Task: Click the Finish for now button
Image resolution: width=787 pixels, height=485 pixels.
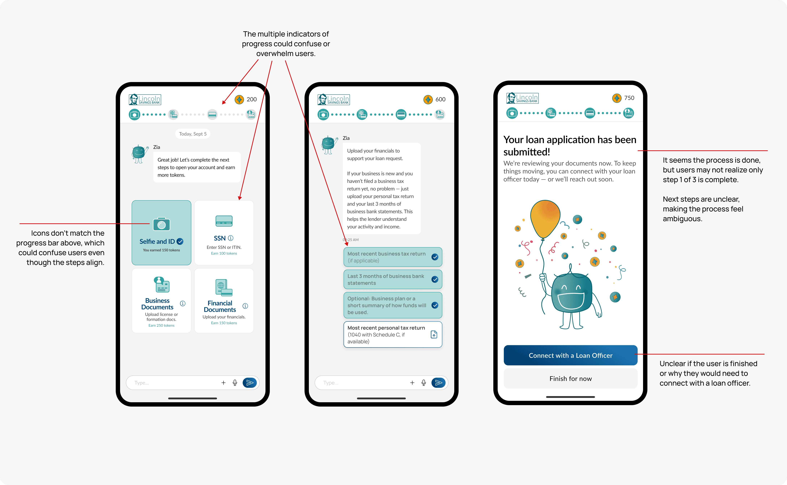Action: [570, 379]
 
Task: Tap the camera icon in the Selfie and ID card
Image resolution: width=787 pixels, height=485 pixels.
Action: [161, 224]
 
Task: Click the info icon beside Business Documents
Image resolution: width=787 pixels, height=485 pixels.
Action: [183, 303]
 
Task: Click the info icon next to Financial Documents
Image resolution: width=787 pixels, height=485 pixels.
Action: [245, 306]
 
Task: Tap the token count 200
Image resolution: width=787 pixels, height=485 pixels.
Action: [252, 99]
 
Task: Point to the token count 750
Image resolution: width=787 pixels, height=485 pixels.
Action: [629, 98]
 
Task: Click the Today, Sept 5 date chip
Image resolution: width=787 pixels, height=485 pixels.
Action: [193, 134]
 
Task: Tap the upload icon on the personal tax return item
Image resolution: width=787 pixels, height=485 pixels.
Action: [434, 334]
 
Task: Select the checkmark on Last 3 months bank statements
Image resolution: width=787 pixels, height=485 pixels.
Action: [435, 279]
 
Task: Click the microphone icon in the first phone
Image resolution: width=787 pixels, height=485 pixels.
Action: [235, 383]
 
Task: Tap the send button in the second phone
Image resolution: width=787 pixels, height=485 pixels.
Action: [438, 383]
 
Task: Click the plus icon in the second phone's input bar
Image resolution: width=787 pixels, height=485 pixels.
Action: [412, 383]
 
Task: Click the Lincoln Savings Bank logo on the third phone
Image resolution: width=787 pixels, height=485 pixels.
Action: [522, 98]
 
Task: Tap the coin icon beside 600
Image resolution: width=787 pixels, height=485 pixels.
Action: [428, 99]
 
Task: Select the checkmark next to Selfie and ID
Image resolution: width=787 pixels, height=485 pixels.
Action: [180, 241]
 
